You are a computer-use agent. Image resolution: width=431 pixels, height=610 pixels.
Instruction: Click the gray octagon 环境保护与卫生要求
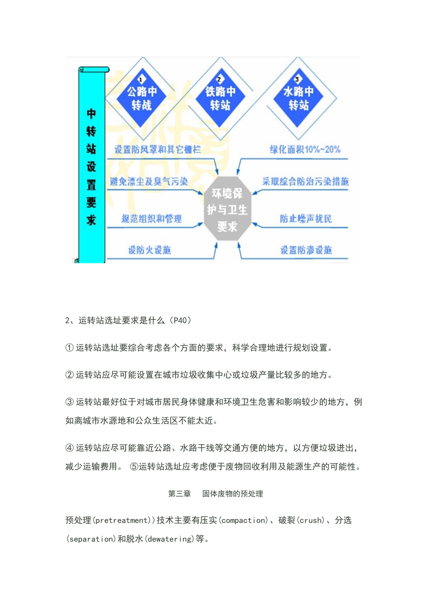227,210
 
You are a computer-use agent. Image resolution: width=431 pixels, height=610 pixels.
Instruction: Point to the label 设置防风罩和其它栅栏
157,149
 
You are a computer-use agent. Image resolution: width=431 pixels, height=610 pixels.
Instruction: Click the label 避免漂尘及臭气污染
149,182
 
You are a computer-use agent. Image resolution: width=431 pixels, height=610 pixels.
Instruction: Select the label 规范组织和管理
152,219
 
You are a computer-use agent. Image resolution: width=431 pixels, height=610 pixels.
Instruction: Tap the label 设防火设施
149,250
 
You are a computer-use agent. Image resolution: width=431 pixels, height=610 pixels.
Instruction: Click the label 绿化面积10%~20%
305,149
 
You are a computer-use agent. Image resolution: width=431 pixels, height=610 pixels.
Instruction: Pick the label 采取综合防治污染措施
305,182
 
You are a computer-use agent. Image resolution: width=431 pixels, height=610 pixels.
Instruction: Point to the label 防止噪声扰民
306,219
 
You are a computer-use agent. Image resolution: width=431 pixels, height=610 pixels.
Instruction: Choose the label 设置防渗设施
306,250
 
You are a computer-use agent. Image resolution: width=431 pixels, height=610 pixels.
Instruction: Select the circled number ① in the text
69,348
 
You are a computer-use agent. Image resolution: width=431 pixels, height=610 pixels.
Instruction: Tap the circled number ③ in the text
69,402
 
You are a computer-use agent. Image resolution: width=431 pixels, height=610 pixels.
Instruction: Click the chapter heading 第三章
180,494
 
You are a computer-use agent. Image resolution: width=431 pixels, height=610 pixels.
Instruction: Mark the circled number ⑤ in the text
134,467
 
